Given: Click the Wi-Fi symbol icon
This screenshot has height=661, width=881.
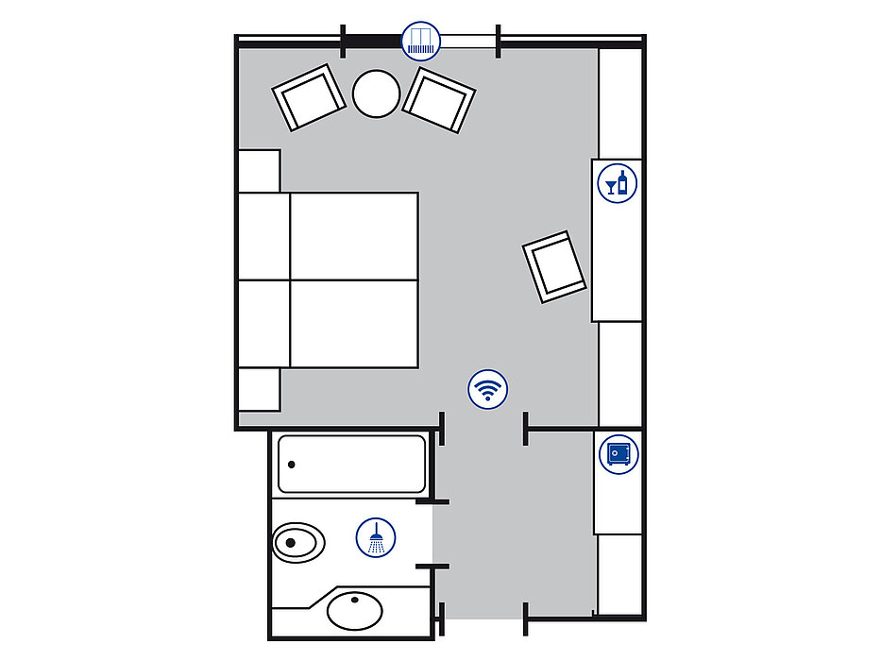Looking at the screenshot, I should [487, 388].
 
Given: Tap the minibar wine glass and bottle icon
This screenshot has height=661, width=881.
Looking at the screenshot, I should [618, 182].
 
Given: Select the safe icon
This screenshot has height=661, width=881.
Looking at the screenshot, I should [618, 453].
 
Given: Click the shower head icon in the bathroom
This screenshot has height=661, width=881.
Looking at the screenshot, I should [376, 537].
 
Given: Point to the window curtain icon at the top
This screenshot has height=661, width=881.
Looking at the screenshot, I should [421, 42].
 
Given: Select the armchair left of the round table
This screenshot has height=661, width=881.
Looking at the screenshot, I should [309, 97].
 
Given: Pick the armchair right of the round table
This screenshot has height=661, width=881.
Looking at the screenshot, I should [439, 99].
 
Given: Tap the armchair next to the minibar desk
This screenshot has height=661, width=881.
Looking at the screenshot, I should [555, 267].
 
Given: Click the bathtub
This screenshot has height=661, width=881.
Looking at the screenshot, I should [351, 464].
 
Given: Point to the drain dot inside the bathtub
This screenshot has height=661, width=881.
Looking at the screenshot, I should [292, 465].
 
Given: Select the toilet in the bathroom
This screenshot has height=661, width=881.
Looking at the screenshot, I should [297, 542].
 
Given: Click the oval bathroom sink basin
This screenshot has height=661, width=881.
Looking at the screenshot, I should [355, 610].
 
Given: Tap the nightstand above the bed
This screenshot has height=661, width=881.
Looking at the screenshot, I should [259, 170].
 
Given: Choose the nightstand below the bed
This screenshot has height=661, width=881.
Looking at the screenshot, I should [259, 389].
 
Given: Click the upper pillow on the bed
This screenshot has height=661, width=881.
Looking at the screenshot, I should [263, 236].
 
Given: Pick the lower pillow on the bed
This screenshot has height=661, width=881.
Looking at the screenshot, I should [263, 323].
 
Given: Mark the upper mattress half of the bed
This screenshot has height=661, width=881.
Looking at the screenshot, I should [354, 236].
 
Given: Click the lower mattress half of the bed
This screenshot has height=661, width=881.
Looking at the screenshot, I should [354, 323].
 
